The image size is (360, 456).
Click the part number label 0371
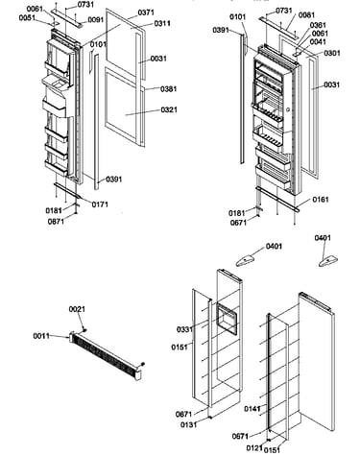pos(146,12)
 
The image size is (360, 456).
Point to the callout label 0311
pos(162,23)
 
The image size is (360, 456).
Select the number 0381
pos(169,89)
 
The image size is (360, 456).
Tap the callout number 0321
pos(169,109)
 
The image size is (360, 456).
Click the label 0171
pos(100,204)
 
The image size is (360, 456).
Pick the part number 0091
pos(96,20)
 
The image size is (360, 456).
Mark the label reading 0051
pos(27,17)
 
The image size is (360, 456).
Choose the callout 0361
pos(318,25)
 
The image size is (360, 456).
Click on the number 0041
pos(318,42)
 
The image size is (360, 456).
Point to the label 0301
pos(332,53)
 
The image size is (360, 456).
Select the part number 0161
pos(321,200)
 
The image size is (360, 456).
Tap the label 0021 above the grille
pos(77,309)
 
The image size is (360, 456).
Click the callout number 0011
pos(41,336)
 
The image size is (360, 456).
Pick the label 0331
pos(184,329)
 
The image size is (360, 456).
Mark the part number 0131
pos(188,425)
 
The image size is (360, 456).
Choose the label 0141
pos(252,409)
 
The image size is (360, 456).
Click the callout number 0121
pos(254,448)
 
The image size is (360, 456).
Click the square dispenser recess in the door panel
pos(228,319)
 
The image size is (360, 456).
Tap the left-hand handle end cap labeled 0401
pos(246,260)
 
